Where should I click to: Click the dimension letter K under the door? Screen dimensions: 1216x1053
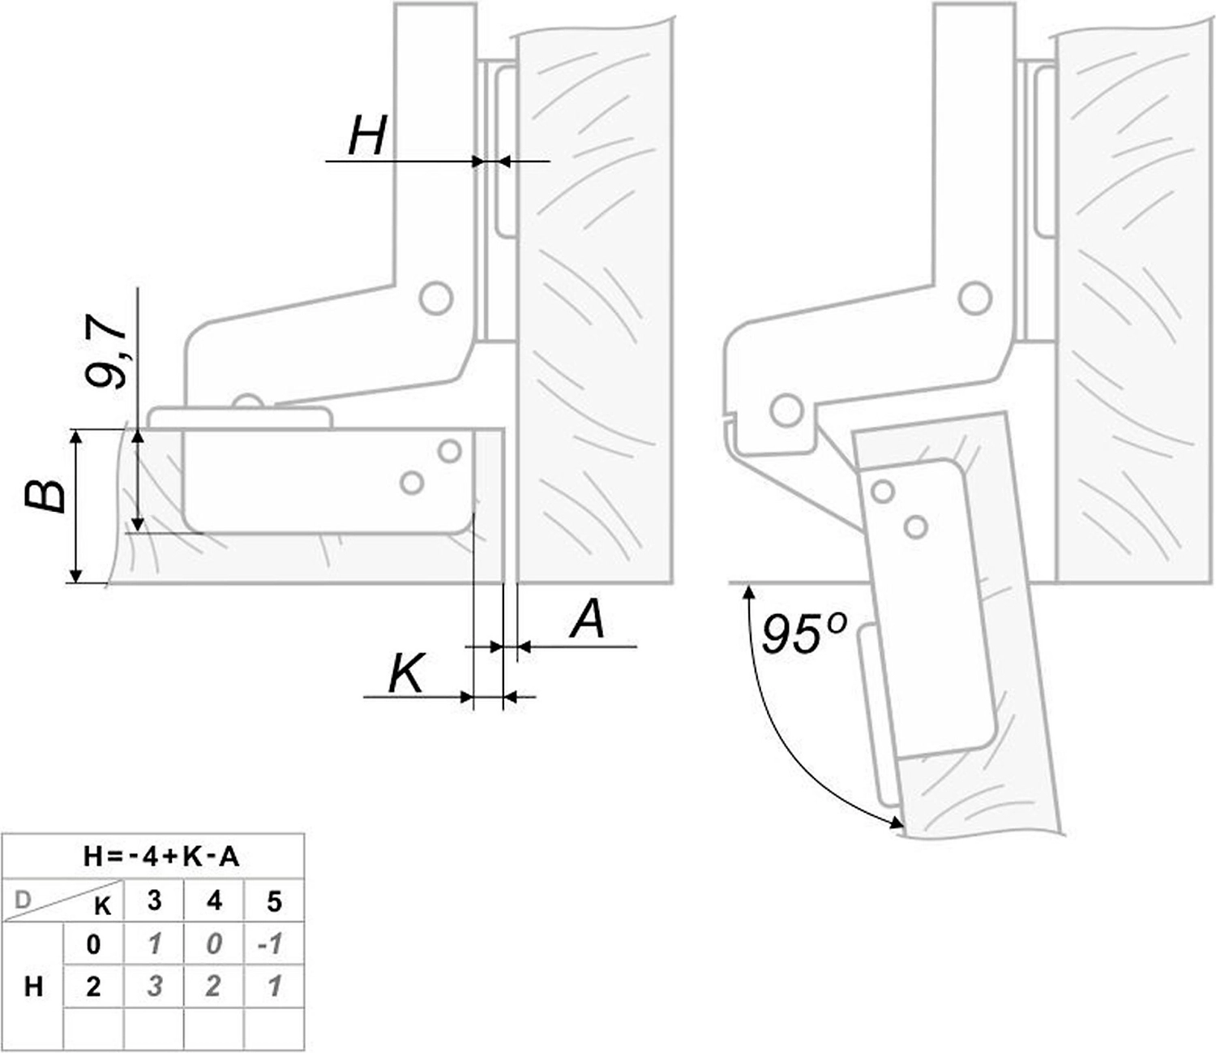405,673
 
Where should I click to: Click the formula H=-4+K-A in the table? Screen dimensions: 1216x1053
161,857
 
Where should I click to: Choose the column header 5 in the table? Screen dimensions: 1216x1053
274,901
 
